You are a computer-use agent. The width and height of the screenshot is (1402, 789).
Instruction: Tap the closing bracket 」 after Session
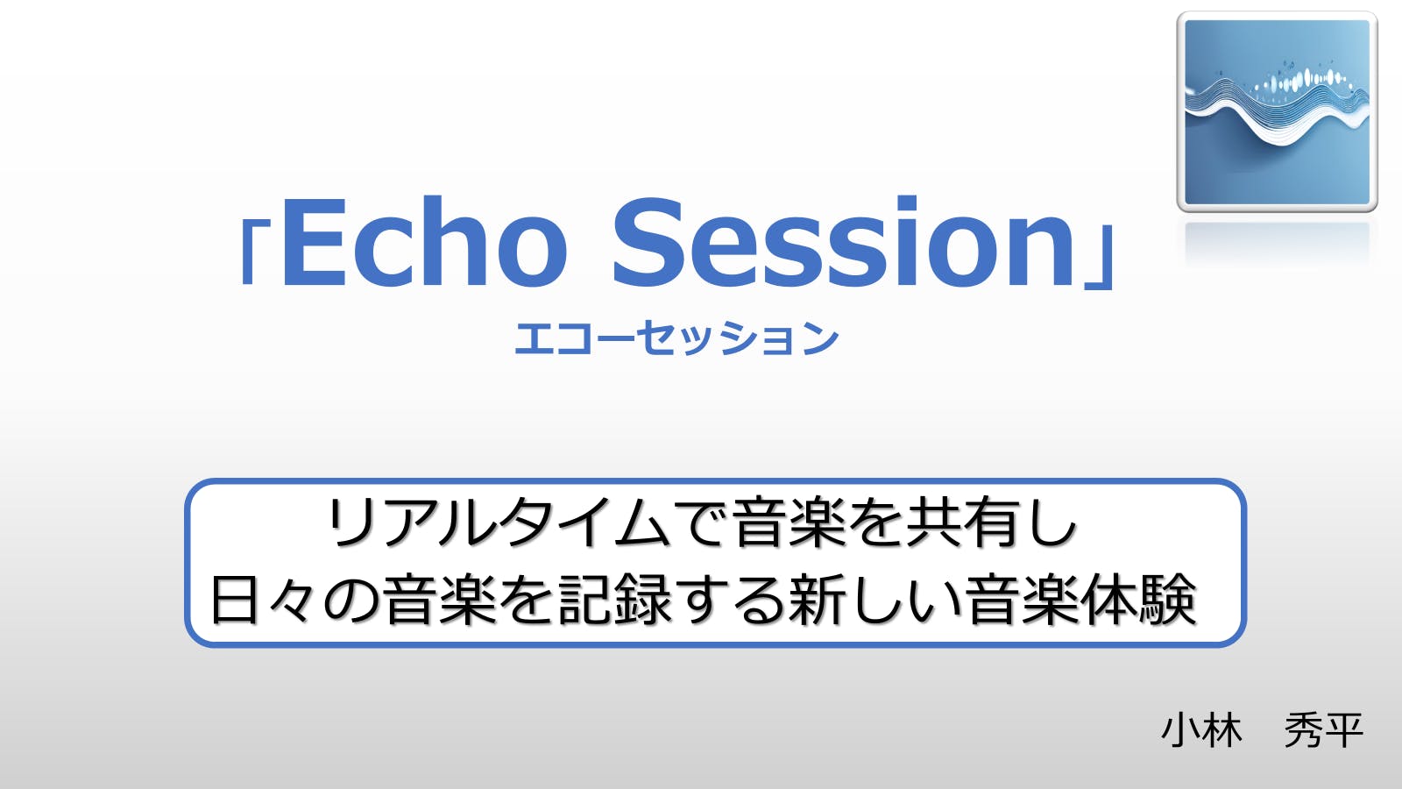point(1101,257)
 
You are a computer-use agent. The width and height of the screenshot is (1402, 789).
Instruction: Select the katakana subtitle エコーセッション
point(676,338)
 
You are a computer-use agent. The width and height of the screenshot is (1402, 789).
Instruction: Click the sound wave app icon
point(1277,112)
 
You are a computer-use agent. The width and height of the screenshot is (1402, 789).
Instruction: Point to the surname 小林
point(1201,730)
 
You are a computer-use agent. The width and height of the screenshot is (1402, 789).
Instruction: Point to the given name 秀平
point(1324,730)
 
